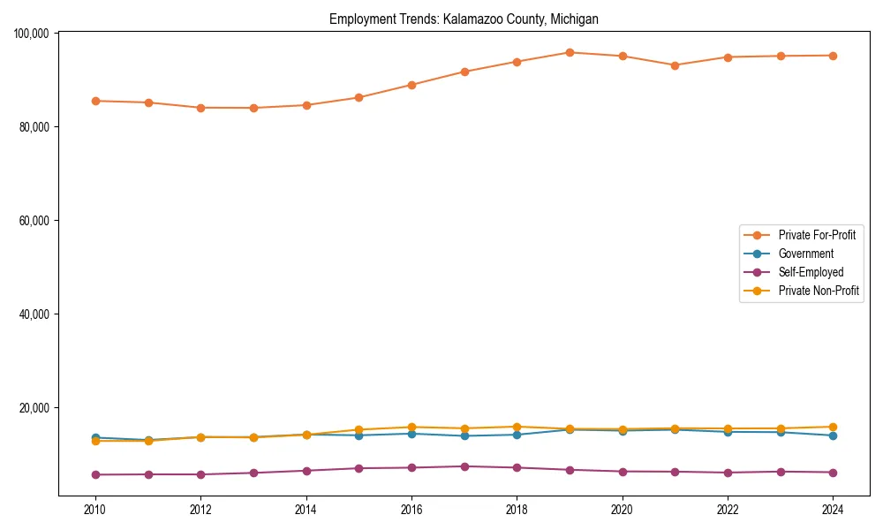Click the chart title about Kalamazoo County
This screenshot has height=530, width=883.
[x=464, y=19]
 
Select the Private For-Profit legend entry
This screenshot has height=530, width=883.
[x=817, y=235]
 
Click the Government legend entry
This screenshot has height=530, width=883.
[x=805, y=254]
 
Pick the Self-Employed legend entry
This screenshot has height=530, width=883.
[x=811, y=272]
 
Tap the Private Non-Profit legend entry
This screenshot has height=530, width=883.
[x=819, y=291]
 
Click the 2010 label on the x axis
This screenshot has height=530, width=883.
[x=95, y=510]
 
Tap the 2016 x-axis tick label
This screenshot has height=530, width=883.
[x=411, y=510]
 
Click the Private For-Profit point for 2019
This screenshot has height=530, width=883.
[x=570, y=52]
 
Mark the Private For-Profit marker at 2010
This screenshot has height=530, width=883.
[x=95, y=101]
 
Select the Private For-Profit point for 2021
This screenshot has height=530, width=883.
[x=675, y=65]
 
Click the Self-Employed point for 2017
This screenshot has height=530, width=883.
[x=464, y=466]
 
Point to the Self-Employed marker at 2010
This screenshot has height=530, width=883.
[x=95, y=474]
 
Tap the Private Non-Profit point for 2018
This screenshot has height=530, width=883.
[x=517, y=427]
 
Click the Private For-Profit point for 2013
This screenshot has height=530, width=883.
[x=253, y=108]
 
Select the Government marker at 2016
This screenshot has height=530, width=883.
[x=411, y=434]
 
